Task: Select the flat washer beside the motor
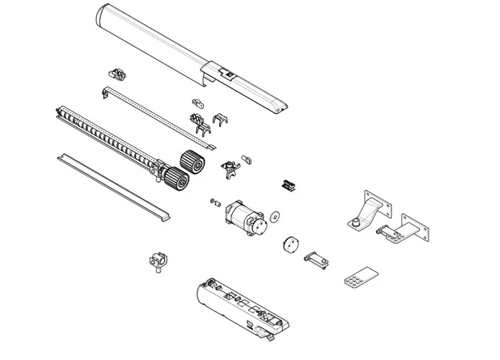point(275,216)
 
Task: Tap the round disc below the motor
point(290,243)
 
